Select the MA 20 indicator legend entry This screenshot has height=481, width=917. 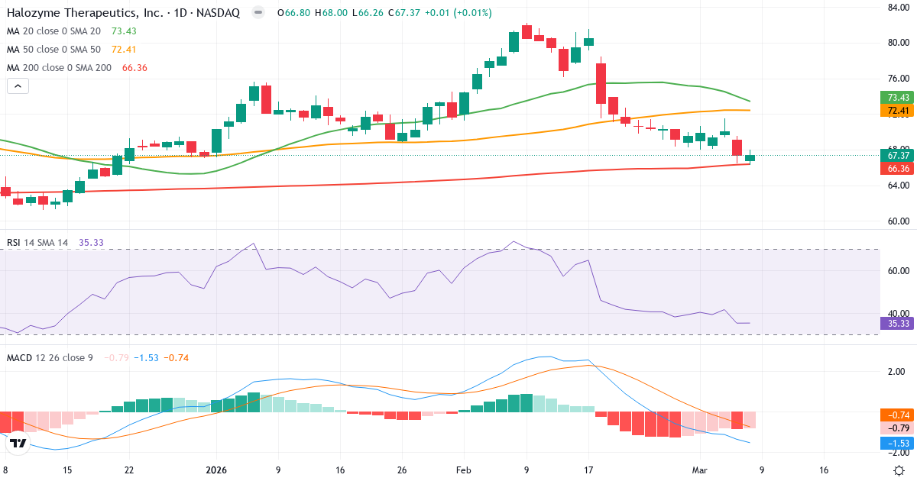pyautogui.click(x=53, y=31)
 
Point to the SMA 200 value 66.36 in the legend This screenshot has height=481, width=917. pyautogui.click(x=134, y=67)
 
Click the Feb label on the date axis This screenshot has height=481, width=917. pyautogui.click(x=465, y=471)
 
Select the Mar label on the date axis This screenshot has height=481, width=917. pyautogui.click(x=700, y=471)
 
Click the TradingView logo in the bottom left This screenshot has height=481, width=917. pyautogui.click(x=18, y=443)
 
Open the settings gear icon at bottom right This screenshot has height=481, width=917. pyautogui.click(x=900, y=470)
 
